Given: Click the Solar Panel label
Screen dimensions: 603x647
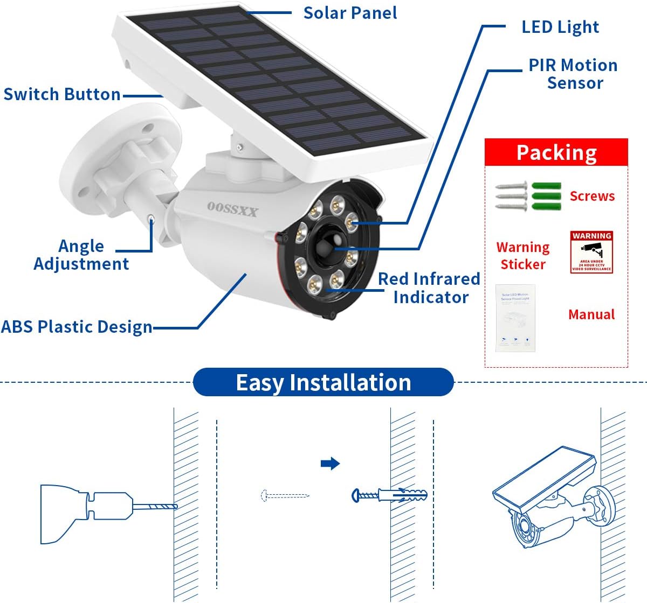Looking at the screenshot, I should coord(350,13).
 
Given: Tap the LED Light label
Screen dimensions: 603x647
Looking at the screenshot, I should coord(560,27).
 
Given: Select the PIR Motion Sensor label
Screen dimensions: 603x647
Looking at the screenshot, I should coord(573,74).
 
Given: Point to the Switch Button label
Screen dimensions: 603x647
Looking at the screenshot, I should coord(62,94).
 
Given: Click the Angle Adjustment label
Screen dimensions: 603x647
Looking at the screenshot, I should coord(81,255).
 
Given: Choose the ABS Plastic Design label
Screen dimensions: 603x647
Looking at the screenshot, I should coord(77,327).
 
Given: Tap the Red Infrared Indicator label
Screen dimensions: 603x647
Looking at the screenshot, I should coord(429,288).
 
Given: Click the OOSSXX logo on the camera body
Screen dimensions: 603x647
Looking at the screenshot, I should coord(232,209).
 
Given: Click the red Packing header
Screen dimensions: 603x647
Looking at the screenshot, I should coord(556,152).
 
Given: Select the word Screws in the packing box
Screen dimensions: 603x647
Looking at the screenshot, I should coord(592,196).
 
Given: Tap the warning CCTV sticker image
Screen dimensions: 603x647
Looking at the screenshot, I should coord(591,252).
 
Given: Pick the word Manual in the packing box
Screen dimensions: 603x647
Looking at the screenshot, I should coord(591,314).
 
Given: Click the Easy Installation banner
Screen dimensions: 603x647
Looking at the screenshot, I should coord(323,382).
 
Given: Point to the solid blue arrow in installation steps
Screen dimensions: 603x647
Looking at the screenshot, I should coord(330,463).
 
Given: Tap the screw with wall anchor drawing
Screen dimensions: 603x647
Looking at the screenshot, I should coord(389,495).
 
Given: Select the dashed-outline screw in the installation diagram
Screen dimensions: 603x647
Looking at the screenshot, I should coord(285,495).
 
